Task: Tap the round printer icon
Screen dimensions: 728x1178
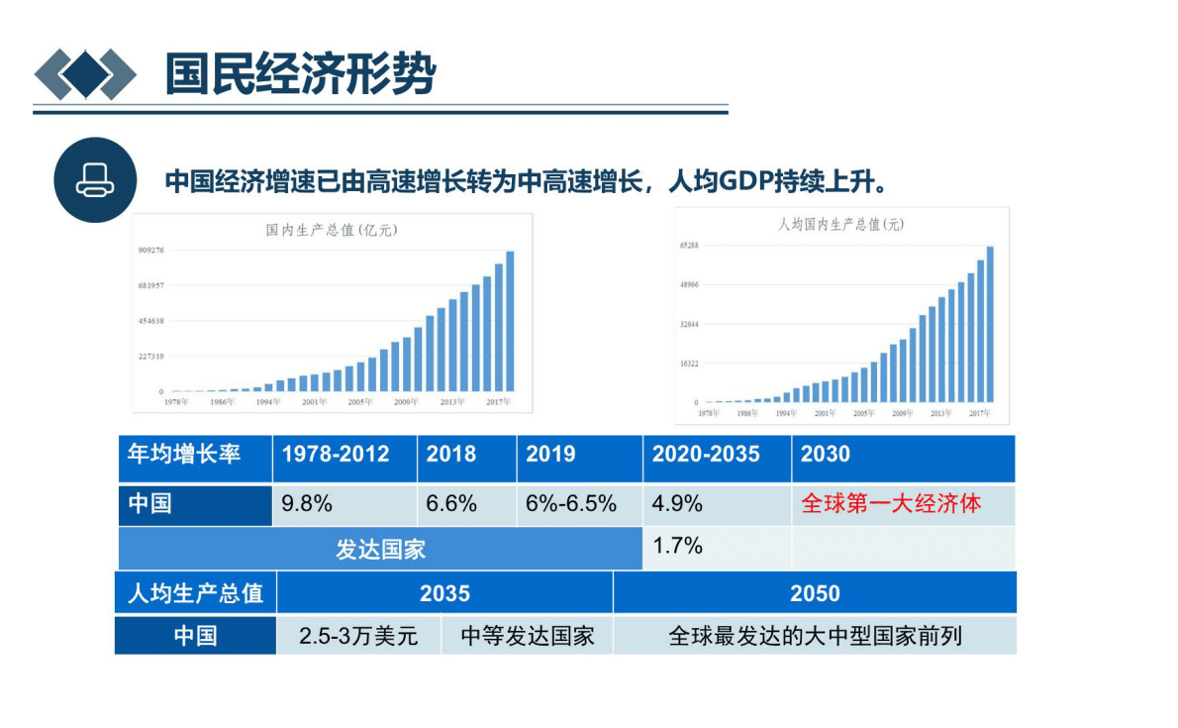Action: coord(95,180)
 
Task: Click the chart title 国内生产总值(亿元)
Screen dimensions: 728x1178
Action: coord(332,230)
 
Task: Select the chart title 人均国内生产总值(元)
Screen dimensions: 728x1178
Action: coord(840,225)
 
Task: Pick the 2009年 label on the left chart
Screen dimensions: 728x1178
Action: coord(405,402)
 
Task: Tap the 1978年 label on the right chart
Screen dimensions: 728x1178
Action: coord(709,412)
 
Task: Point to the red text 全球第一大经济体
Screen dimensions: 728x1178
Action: coord(890,504)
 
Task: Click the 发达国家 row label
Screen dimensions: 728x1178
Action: coord(380,549)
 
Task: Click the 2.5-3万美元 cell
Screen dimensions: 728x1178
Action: coord(358,636)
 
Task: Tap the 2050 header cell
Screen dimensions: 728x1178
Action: coord(815,593)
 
